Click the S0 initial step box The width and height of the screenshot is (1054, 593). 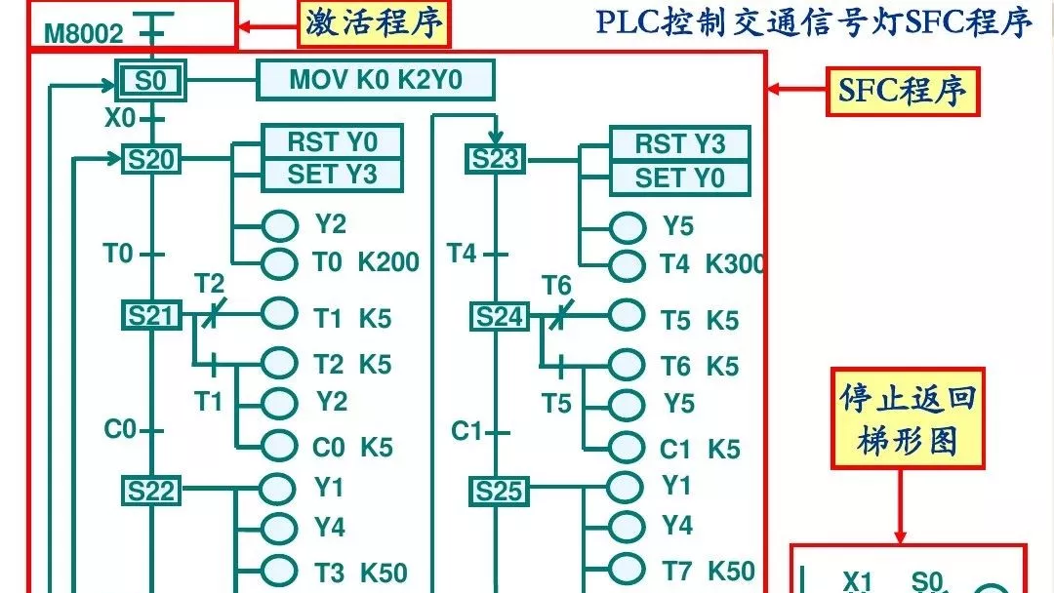pyautogui.click(x=150, y=81)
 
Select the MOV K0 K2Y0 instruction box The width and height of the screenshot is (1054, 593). pyautogui.click(x=376, y=80)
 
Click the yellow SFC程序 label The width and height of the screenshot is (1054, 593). pyautogui.click(x=903, y=91)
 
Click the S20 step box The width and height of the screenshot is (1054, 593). pyautogui.click(x=151, y=159)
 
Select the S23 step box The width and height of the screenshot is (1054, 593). pyautogui.click(x=497, y=159)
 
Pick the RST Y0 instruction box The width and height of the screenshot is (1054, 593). pyautogui.click(x=332, y=142)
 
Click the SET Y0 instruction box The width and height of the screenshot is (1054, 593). pyautogui.click(x=679, y=178)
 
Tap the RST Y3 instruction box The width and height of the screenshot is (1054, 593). pyautogui.click(x=679, y=144)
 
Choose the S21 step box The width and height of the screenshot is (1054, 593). pyautogui.click(x=151, y=315)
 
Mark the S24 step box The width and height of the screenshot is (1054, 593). pyautogui.click(x=500, y=317)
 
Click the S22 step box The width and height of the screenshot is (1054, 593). pyautogui.click(x=151, y=491)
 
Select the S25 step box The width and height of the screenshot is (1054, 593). pyautogui.click(x=500, y=492)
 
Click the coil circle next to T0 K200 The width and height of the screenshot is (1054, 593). pyautogui.click(x=280, y=262)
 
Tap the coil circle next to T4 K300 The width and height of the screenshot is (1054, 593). pyautogui.click(x=627, y=263)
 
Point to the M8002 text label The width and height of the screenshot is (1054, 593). pyautogui.click(x=84, y=35)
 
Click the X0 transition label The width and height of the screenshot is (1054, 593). pyautogui.click(x=120, y=118)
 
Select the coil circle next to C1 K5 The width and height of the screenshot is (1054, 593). pyautogui.click(x=627, y=449)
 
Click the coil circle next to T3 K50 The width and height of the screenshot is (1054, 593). pyautogui.click(x=280, y=571)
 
